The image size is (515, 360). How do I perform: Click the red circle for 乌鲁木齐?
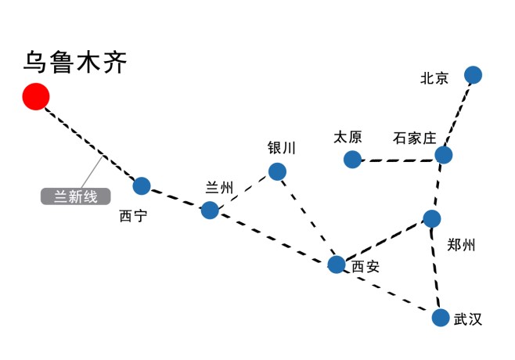[x=36, y=96]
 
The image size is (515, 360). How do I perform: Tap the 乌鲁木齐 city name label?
[x=75, y=62]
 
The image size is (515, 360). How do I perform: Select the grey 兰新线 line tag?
[x=75, y=196]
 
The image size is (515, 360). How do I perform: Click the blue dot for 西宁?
[x=142, y=185]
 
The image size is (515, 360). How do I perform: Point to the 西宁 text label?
[x=132, y=216]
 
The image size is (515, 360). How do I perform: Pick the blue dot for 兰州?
[x=210, y=210]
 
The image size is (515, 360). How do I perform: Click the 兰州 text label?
[x=219, y=187]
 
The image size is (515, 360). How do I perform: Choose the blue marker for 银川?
[x=277, y=171]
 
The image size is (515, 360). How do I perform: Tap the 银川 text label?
[x=282, y=148]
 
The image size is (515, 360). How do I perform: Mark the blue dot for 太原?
[x=352, y=160]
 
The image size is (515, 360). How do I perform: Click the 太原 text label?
[x=348, y=137]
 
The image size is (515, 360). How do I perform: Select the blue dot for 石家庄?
[x=444, y=155]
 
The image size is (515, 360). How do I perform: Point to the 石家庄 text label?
[x=414, y=139]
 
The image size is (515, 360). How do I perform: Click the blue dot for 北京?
[x=473, y=75]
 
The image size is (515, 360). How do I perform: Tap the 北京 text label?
[x=434, y=77]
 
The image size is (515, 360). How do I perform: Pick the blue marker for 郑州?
[x=432, y=218]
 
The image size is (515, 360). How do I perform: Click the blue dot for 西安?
[x=337, y=264]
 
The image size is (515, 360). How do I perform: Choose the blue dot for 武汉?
[x=441, y=318]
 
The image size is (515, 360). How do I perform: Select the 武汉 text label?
[x=467, y=319]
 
